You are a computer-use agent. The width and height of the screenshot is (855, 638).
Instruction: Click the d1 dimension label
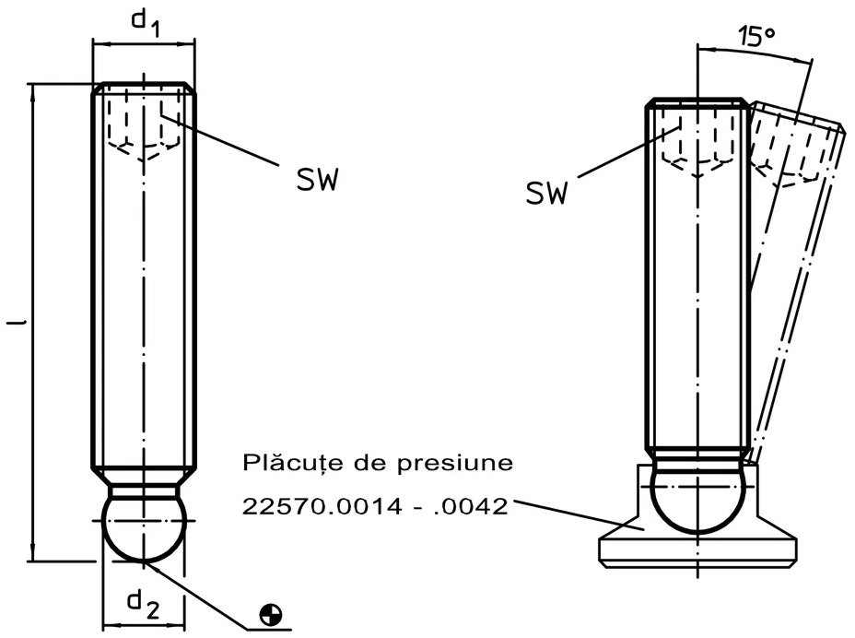click(x=146, y=23)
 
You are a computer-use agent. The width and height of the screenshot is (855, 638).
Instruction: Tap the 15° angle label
click(x=756, y=36)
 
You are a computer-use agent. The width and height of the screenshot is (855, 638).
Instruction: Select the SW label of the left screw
click(x=318, y=179)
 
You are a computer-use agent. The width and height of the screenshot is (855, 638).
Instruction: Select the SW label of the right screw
click(x=547, y=192)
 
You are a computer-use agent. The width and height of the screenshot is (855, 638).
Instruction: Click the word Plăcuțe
click(x=292, y=463)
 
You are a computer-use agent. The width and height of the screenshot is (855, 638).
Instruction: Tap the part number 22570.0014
click(x=322, y=506)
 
